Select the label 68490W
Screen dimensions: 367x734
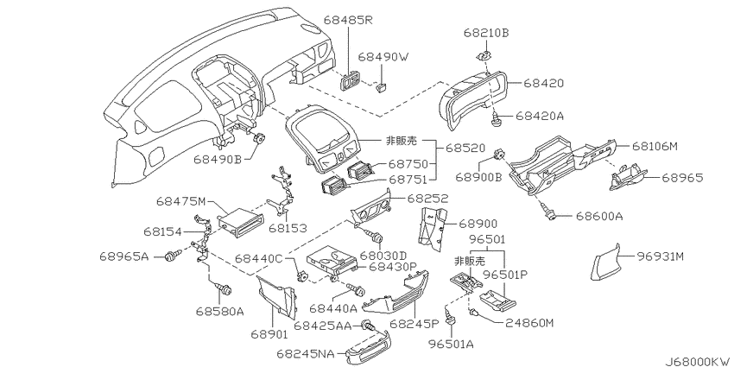click(x=383, y=57)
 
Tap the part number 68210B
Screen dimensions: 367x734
click(x=485, y=34)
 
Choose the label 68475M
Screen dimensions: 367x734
click(x=181, y=201)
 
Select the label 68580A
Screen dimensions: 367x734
click(x=219, y=311)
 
